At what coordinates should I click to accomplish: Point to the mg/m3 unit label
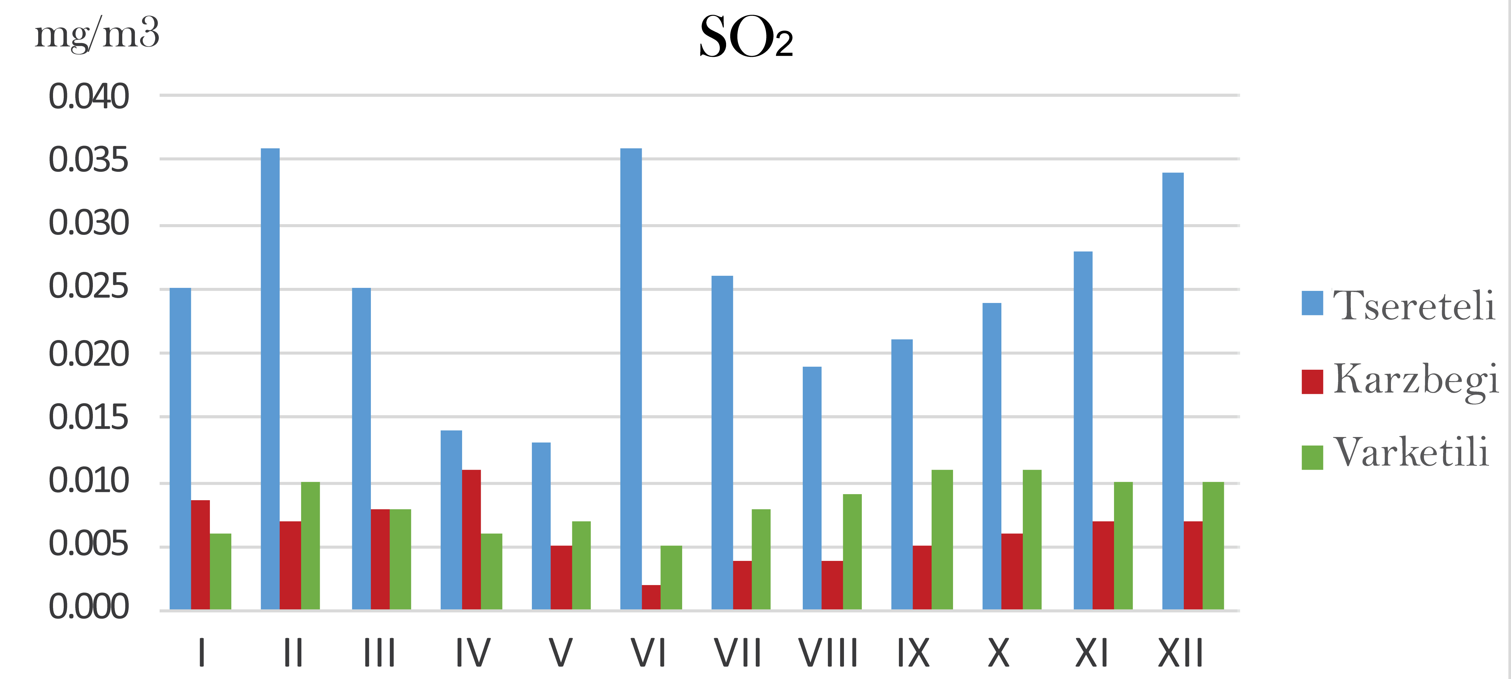click(97, 34)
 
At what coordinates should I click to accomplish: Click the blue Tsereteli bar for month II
click(270, 379)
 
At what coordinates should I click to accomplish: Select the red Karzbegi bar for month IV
click(472, 539)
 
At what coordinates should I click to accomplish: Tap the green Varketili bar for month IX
click(942, 539)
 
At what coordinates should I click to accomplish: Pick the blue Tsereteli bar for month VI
click(631, 379)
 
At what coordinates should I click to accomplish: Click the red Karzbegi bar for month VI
click(651, 597)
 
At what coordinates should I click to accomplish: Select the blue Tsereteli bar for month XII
click(1173, 391)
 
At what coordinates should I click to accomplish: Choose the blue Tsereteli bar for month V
click(541, 526)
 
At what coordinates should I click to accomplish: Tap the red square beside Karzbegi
click(1312, 382)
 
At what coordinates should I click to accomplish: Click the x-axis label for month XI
click(1091, 653)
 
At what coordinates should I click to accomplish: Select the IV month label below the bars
click(473, 653)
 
